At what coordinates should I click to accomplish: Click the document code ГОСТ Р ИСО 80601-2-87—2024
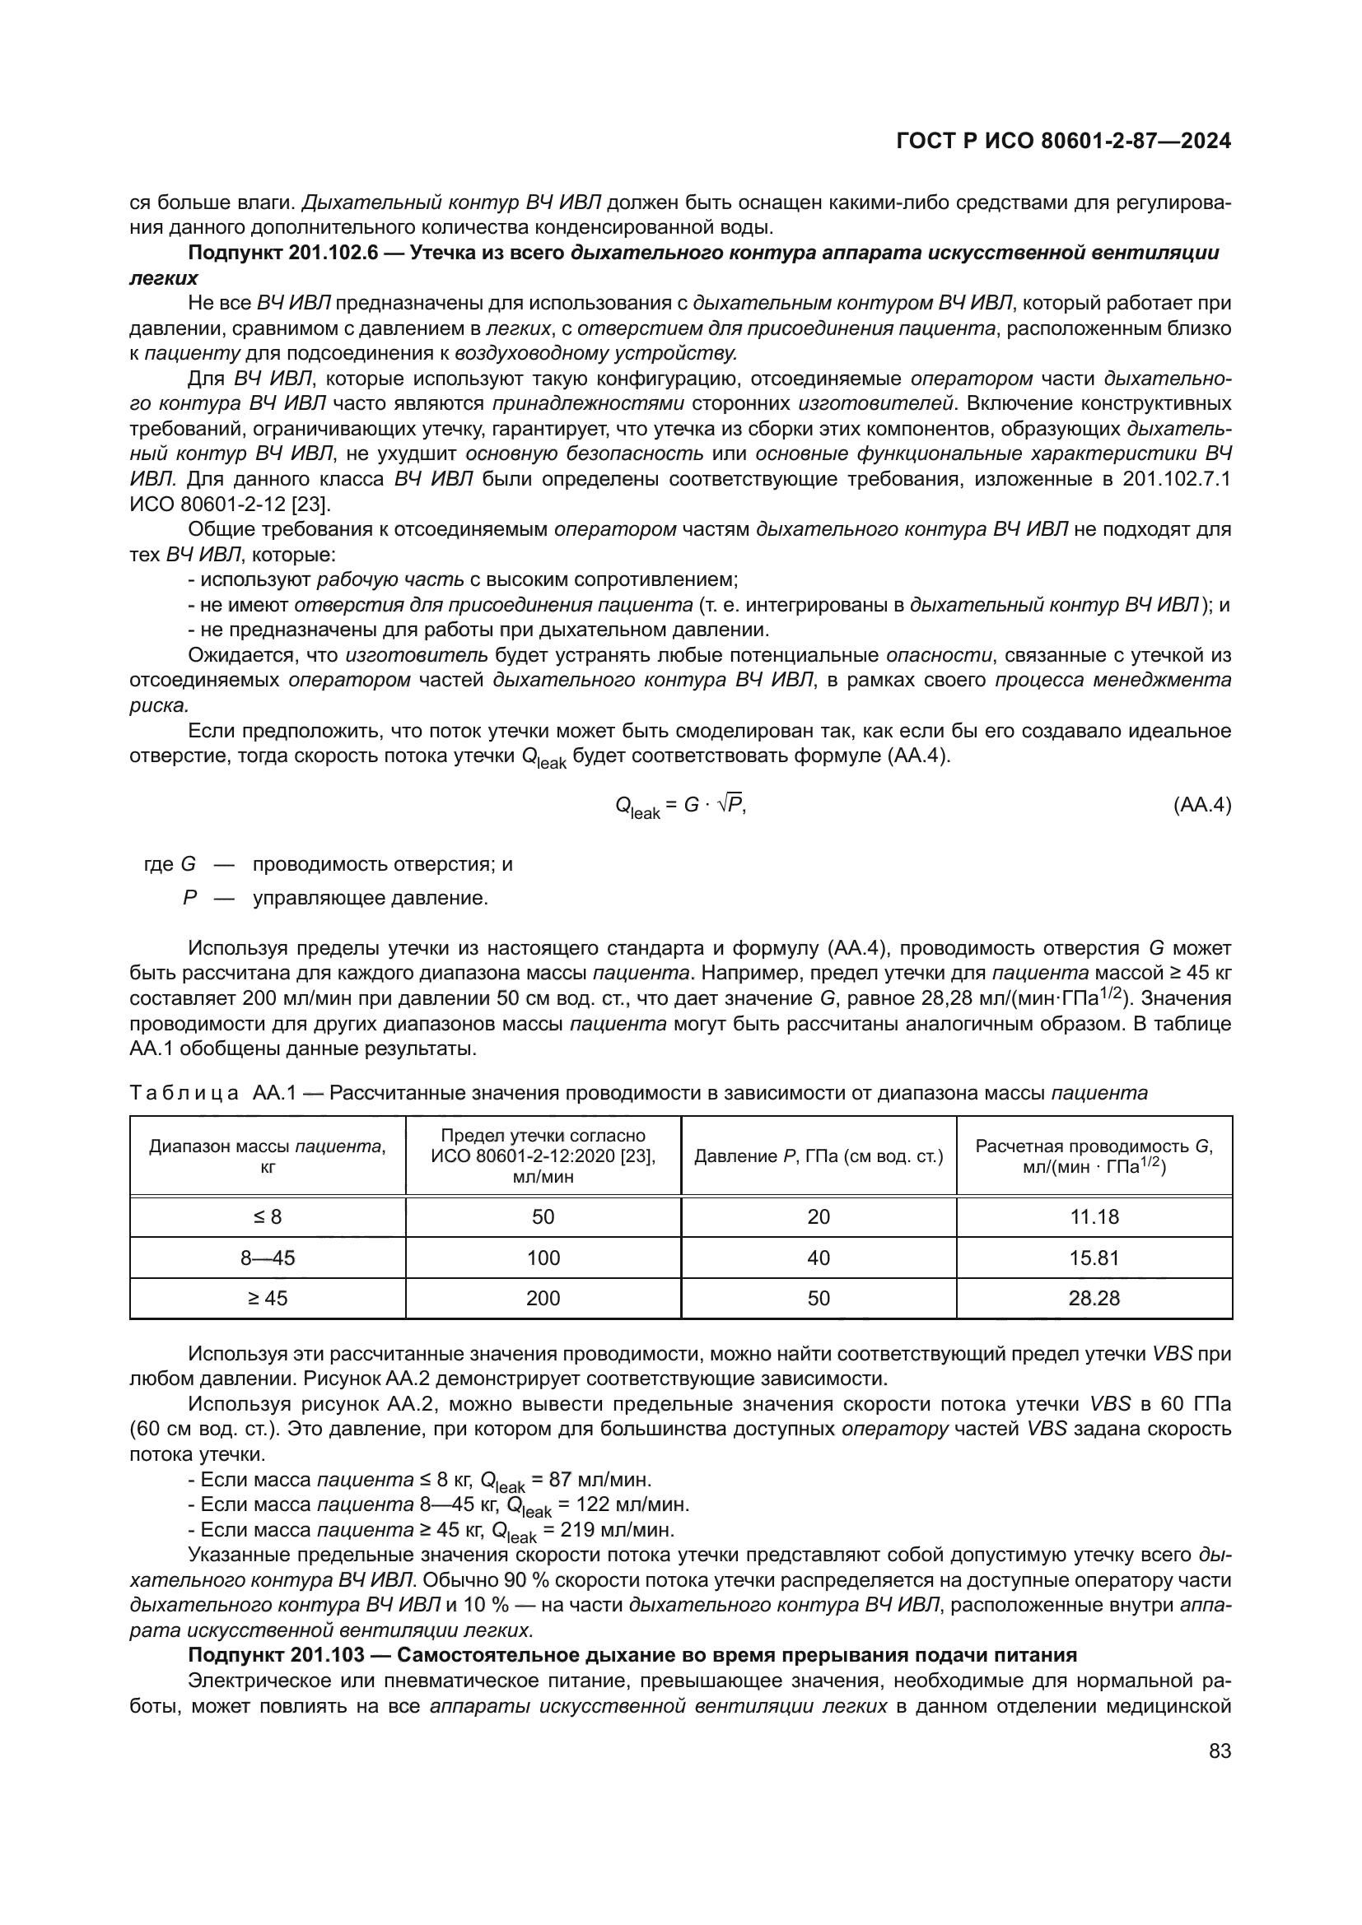pos(1063,141)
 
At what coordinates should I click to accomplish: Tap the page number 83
pos(1220,1751)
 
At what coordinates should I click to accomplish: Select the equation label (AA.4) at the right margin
pos(1201,805)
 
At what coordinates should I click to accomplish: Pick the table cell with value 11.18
pos(1094,1216)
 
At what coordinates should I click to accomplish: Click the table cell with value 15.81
pos(1094,1258)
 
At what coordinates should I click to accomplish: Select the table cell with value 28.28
pos(1094,1298)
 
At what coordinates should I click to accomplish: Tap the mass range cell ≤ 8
pos(268,1216)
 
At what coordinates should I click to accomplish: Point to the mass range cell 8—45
pos(268,1258)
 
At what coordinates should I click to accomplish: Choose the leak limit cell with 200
pos(543,1298)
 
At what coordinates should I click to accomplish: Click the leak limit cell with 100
pos(543,1258)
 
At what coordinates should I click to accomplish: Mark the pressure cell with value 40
pos(819,1258)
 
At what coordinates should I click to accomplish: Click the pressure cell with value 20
pos(819,1216)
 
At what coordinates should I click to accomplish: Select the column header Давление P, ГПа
pos(819,1156)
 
